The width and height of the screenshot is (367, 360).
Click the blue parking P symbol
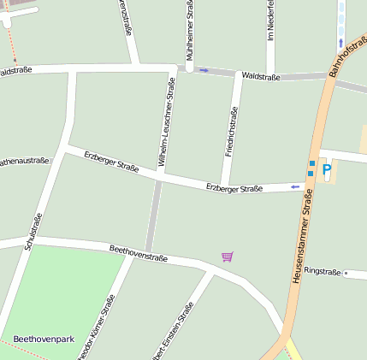326,171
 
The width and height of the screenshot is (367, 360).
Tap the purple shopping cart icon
227,257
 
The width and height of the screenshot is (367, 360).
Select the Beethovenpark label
44,339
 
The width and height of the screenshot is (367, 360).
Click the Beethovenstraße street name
138,253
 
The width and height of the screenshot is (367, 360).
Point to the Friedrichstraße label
230,132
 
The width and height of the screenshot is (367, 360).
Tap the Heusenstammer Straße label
304,236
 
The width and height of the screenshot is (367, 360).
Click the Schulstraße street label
33,231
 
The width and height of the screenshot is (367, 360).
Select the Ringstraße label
323,269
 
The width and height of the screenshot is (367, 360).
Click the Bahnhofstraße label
346,56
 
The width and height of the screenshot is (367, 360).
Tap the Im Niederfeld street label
270,24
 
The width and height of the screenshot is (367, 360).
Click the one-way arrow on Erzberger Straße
295,186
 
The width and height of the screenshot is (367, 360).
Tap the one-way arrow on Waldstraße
204,70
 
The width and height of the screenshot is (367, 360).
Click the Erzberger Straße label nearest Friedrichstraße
234,187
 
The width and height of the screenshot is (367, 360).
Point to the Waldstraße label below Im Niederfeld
261,76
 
